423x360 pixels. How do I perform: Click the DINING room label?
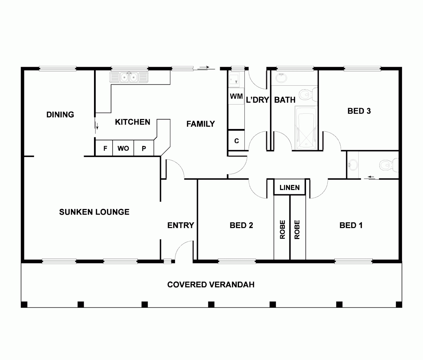[60, 115]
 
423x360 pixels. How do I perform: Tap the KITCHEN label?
[132, 122]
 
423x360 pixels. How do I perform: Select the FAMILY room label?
[200, 124]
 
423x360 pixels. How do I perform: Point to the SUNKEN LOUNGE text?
[94, 212]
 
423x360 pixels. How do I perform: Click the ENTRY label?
[180, 225]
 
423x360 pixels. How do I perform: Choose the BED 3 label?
[359, 111]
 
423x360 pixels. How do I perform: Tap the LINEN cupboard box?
[289, 187]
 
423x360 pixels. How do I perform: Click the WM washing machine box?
[236, 96]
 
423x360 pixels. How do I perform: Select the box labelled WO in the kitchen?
[123, 148]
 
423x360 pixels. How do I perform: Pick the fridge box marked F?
[105, 148]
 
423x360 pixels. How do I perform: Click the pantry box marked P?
[144, 148]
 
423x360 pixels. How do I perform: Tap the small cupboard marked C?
[236, 141]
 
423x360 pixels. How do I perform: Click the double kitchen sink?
[129, 77]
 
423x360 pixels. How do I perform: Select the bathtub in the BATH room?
[306, 128]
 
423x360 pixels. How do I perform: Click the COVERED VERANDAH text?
[211, 285]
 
